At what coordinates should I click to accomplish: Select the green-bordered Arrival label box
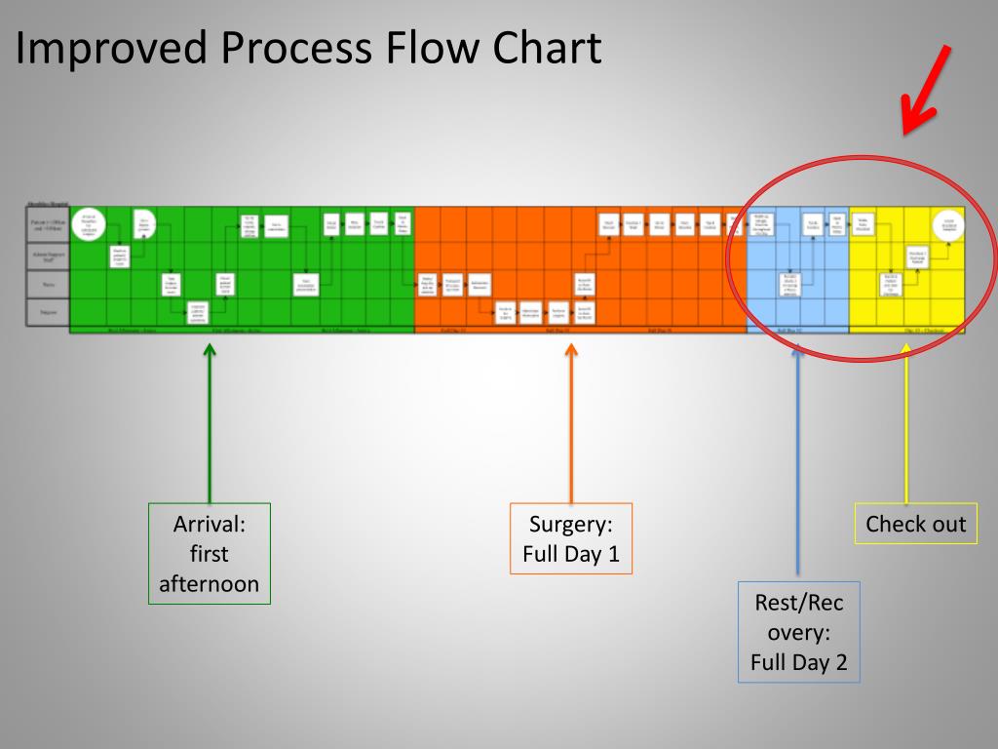pos(210,553)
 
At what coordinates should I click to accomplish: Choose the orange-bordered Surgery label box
pos(571,538)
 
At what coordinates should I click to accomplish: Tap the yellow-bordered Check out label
pos(915,524)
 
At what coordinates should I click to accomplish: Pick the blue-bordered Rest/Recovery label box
pos(799,632)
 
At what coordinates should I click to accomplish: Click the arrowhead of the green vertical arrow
pos(210,348)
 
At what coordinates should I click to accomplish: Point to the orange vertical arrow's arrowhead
pos(571,348)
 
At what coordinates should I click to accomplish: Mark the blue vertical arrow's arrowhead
pos(798,348)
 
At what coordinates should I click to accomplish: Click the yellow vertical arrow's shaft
pos(907,429)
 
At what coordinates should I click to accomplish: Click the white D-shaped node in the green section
pos(143,223)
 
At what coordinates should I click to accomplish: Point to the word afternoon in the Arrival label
pos(210,584)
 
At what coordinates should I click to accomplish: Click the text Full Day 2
pos(799,663)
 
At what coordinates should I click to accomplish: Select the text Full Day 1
pos(571,554)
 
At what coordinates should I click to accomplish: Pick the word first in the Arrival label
pos(210,554)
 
